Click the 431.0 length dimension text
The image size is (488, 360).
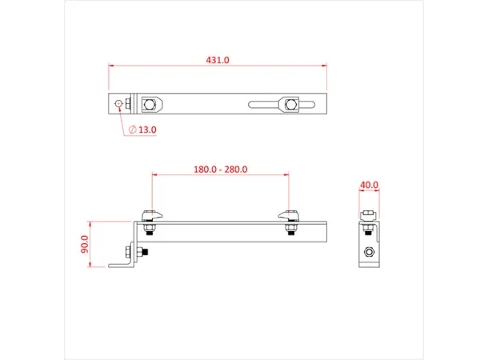click(218, 60)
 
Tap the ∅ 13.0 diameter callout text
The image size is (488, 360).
click(144, 129)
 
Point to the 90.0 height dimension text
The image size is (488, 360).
click(85, 244)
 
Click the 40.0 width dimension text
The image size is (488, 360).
click(369, 185)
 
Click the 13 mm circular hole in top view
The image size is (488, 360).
click(119, 104)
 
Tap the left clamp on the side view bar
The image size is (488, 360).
click(150, 216)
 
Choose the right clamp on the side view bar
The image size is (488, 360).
click(290, 216)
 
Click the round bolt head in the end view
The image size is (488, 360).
click(369, 253)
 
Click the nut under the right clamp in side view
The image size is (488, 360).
click(290, 232)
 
